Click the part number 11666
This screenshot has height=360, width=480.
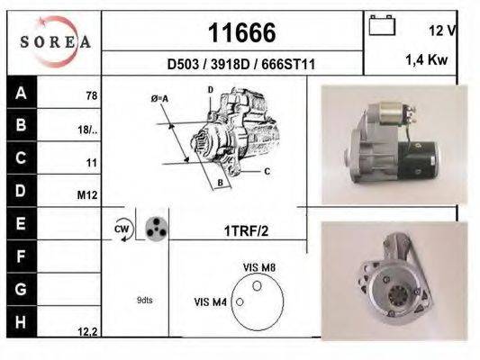click(x=241, y=33)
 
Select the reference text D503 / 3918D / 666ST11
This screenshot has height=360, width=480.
click(x=240, y=64)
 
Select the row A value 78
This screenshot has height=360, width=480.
click(x=91, y=94)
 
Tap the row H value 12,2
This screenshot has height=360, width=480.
click(x=87, y=331)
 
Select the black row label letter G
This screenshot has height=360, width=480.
click(x=20, y=290)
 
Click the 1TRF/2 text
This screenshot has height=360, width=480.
click(x=244, y=230)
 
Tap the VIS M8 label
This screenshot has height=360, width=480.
click(x=258, y=268)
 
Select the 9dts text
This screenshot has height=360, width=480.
click(x=143, y=300)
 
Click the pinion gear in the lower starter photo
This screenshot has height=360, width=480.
click(x=394, y=292)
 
